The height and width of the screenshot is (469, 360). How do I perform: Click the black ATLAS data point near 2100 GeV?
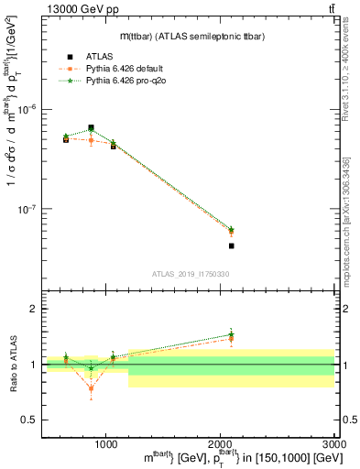coord(232,245)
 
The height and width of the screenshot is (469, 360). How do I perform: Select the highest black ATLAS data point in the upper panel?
coord(91,128)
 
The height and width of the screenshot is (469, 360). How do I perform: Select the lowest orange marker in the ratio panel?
coord(91,388)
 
